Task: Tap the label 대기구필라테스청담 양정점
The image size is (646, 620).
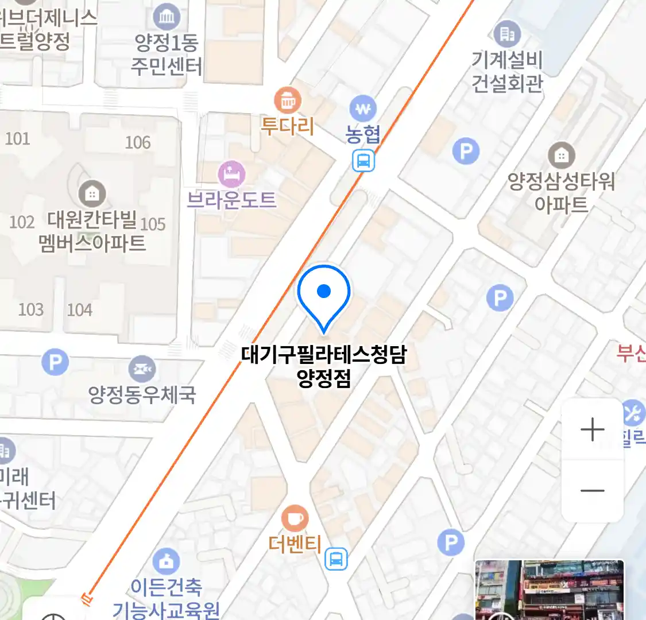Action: (x=324, y=366)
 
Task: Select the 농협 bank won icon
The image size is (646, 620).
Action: (x=363, y=108)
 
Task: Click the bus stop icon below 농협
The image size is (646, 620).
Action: (x=363, y=160)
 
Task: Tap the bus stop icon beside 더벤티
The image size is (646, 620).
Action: (x=336, y=558)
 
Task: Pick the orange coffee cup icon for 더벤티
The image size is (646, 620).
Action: (x=295, y=518)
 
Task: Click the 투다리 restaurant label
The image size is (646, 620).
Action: (x=287, y=126)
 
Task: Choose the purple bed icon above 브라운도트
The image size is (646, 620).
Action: (x=231, y=174)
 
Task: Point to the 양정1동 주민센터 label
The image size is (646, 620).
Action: (x=167, y=55)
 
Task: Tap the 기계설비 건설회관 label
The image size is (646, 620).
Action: (x=507, y=72)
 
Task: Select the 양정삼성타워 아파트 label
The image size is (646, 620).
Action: (x=561, y=193)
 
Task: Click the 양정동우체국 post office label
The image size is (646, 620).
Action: (x=142, y=394)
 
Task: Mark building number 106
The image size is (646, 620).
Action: (x=138, y=142)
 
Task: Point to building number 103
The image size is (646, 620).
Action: (x=31, y=309)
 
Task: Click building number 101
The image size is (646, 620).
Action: (x=17, y=138)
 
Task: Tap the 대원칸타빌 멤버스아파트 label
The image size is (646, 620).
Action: (x=92, y=231)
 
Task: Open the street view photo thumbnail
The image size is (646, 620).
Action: (x=550, y=590)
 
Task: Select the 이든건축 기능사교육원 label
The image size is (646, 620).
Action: (x=167, y=598)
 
